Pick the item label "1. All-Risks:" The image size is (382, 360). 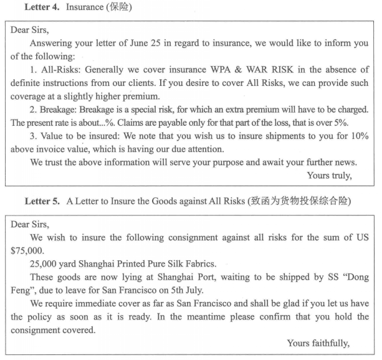[x=58, y=70]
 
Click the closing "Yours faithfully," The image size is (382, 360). [x=318, y=343]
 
